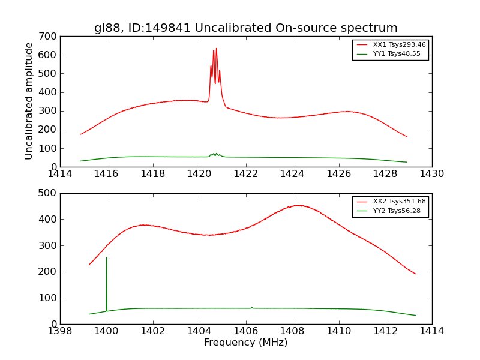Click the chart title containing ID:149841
[x=245, y=28]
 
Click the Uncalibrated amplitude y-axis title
[x=29, y=101]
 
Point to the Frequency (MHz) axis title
[x=245, y=343]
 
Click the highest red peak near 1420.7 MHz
[x=217, y=49]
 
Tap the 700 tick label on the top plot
[x=50, y=36]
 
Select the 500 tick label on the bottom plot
[x=50, y=193]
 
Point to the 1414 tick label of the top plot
[x=60, y=173]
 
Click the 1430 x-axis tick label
[x=431, y=173]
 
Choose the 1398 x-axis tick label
[x=60, y=331]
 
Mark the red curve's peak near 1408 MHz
[x=300, y=205]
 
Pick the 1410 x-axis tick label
[x=339, y=331]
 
